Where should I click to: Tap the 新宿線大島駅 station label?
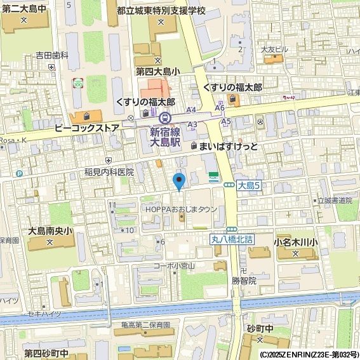point(165,138)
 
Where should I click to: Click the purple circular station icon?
point(165,117)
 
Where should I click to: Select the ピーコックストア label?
point(87,128)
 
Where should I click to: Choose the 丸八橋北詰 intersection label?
point(232,239)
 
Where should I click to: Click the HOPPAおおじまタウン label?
point(181,209)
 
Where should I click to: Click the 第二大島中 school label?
point(24,8)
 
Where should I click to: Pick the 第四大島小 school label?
point(157,72)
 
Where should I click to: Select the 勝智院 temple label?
point(244,280)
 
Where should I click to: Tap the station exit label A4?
point(191,110)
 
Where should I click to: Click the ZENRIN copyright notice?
point(309,354)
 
